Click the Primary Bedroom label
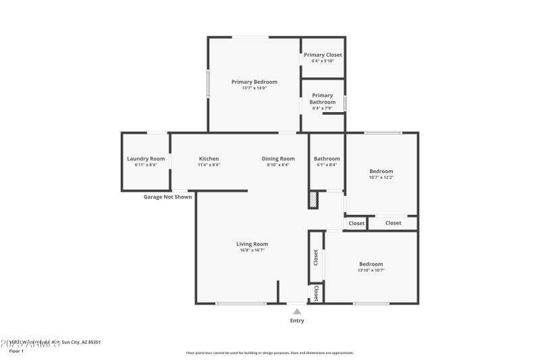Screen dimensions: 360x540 click(x=254, y=82)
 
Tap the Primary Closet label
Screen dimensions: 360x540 click(x=323, y=55)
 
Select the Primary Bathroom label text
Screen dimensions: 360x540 click(x=323, y=99)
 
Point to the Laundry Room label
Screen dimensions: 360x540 click(x=146, y=159)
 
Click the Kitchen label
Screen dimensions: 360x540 click(x=209, y=159)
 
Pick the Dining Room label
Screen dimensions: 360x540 click(x=278, y=159)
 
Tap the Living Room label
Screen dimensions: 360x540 click(x=252, y=244)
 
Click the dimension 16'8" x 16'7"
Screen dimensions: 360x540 click(x=252, y=251)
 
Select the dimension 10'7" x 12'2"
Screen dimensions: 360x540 click(x=381, y=178)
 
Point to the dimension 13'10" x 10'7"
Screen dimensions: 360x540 click(x=371, y=270)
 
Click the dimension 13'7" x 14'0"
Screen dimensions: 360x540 click(x=254, y=88)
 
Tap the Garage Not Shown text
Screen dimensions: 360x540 click(x=167, y=197)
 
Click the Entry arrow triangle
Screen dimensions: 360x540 click(x=297, y=311)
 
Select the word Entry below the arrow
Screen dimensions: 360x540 click(x=297, y=321)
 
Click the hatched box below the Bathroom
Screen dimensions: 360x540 click(x=313, y=201)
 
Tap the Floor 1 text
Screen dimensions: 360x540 click(x=16, y=351)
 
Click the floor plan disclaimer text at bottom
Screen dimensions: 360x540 click(x=269, y=353)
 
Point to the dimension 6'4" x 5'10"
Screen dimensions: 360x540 click(x=323, y=61)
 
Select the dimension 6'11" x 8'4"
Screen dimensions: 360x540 click(x=146, y=165)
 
